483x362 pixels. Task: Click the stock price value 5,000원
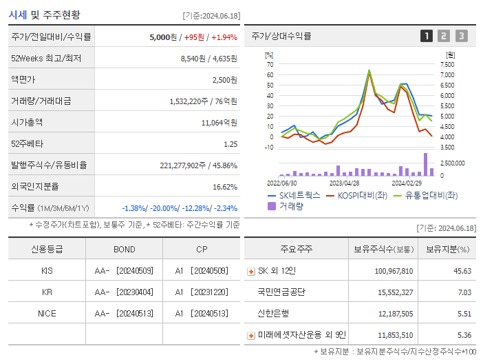[x=163, y=37]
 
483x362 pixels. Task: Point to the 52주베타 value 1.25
[x=230, y=144]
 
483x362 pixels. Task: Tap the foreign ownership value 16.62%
[x=225, y=187]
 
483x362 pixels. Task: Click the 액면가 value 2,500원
[x=224, y=80]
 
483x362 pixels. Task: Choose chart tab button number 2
[x=444, y=36]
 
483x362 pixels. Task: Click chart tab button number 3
[x=461, y=36]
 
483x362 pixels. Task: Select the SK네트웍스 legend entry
[x=294, y=195]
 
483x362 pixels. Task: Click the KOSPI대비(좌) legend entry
[x=356, y=195]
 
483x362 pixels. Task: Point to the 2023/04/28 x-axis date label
[x=344, y=183]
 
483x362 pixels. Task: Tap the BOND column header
[x=125, y=249]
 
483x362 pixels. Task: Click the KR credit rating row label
[x=47, y=292]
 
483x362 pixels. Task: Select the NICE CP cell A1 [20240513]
[x=201, y=313]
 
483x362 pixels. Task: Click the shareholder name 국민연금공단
[x=281, y=292]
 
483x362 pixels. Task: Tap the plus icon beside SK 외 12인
[x=250, y=271]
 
